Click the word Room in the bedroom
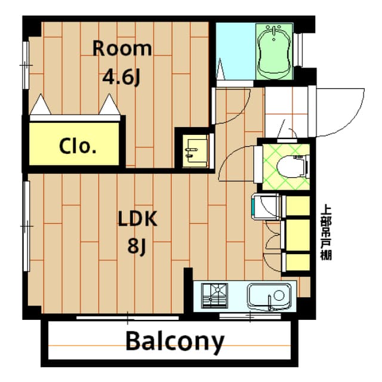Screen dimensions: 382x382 tap(122, 48)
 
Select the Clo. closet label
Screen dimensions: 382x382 tap(78, 146)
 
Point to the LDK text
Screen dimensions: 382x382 tap(137, 219)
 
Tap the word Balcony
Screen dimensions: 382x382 tap(175, 342)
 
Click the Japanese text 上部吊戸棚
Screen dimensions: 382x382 tap(326, 232)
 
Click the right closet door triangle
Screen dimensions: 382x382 tap(109, 106)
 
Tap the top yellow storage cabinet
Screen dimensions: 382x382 tap(297, 205)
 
